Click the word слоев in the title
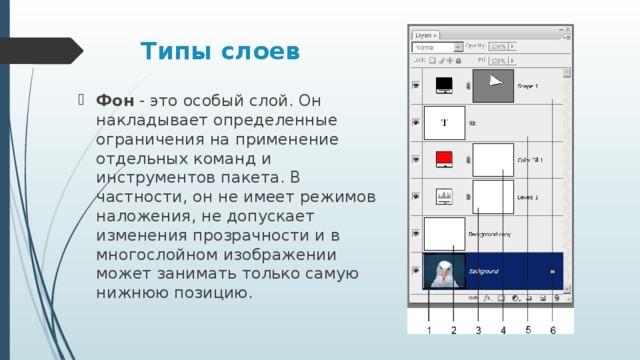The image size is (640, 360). (257, 50)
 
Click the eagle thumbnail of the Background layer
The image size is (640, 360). (443, 271)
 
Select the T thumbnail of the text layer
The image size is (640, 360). (444, 122)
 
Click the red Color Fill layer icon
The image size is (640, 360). (445, 158)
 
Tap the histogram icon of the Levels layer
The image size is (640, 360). (445, 195)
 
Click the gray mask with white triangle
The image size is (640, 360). (492, 86)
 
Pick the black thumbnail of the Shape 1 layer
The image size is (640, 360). (445, 85)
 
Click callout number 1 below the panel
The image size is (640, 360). (428, 329)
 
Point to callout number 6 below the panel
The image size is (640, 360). (553, 329)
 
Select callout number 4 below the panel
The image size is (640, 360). (503, 329)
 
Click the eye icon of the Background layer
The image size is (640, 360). (415, 270)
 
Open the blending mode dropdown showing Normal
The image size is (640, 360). (438, 47)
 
